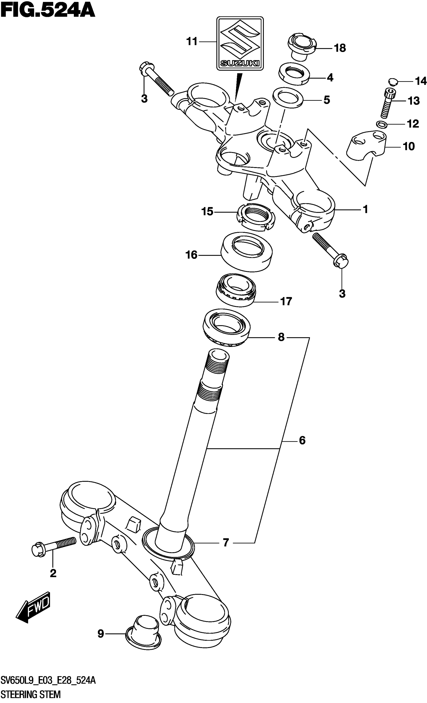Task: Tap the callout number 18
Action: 340,48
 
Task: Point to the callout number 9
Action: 100,634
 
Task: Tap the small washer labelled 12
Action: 381,124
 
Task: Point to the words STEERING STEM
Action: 31,694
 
